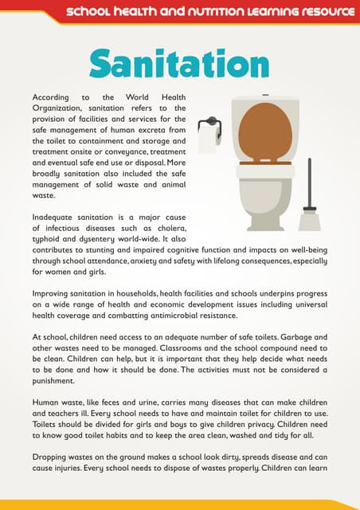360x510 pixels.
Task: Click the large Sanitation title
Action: (x=179, y=63)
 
